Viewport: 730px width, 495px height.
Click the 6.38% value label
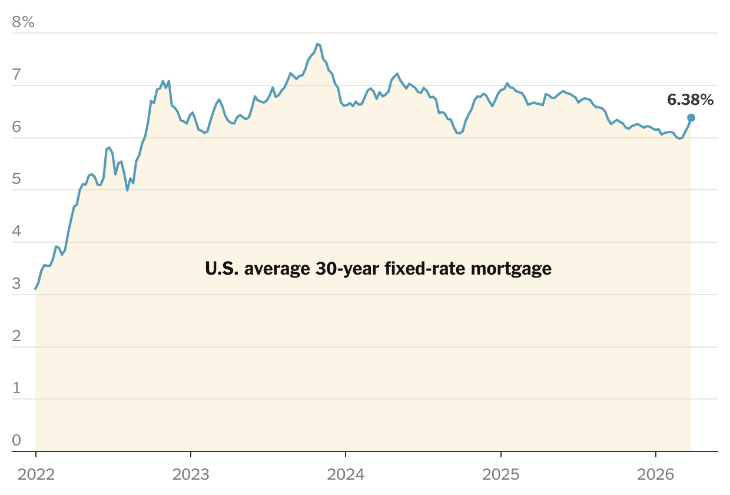pyautogui.click(x=690, y=100)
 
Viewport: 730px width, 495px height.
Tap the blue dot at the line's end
pyautogui.click(x=691, y=118)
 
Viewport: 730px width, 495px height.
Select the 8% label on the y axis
pyautogui.click(x=24, y=23)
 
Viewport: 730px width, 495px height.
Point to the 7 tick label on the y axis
pyautogui.click(x=16, y=75)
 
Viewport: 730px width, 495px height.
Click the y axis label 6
pyautogui.click(x=16, y=127)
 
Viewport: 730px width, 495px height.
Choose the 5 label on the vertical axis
pyautogui.click(x=16, y=179)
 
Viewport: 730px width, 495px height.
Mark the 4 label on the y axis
pyautogui.click(x=16, y=232)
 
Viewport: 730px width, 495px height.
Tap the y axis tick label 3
pyautogui.click(x=16, y=284)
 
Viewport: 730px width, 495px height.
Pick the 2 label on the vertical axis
pyautogui.click(x=16, y=336)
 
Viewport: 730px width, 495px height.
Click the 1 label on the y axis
pyautogui.click(x=16, y=388)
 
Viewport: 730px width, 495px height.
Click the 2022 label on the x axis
pyautogui.click(x=36, y=474)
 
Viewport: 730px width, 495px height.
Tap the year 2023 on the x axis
pyautogui.click(x=191, y=474)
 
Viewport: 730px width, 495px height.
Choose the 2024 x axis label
pyautogui.click(x=346, y=474)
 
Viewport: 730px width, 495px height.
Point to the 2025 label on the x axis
pyautogui.click(x=501, y=474)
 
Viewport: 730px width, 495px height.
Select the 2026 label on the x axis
pyautogui.click(x=656, y=474)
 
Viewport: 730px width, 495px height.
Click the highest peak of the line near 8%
pyautogui.click(x=317, y=44)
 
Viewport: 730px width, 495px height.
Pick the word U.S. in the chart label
pyautogui.click(x=222, y=269)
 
